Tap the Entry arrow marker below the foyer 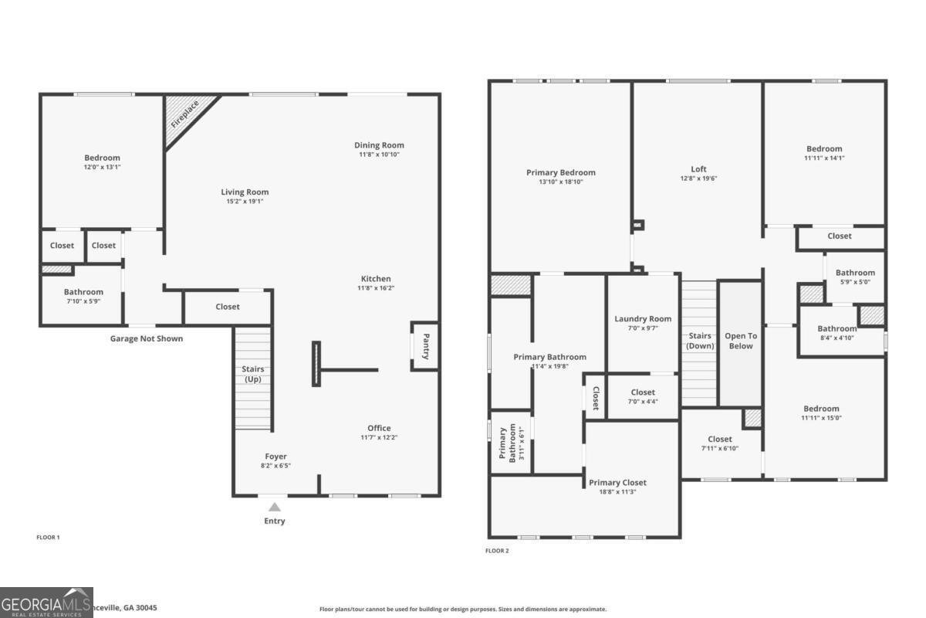(275, 508)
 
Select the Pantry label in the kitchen (425, 345)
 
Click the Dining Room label (379, 145)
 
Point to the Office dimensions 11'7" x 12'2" (379, 438)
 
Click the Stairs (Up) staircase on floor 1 (254, 379)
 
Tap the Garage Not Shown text (147, 338)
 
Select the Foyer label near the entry (275, 457)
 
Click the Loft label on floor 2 (698, 169)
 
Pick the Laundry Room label (643, 319)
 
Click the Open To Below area (741, 341)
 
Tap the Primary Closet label (617, 483)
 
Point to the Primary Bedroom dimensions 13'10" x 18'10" (561, 182)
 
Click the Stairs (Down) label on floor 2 (700, 341)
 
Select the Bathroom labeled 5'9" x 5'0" (855, 273)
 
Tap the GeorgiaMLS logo (46, 603)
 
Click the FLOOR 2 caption (497, 551)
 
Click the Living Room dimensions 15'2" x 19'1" (245, 202)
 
